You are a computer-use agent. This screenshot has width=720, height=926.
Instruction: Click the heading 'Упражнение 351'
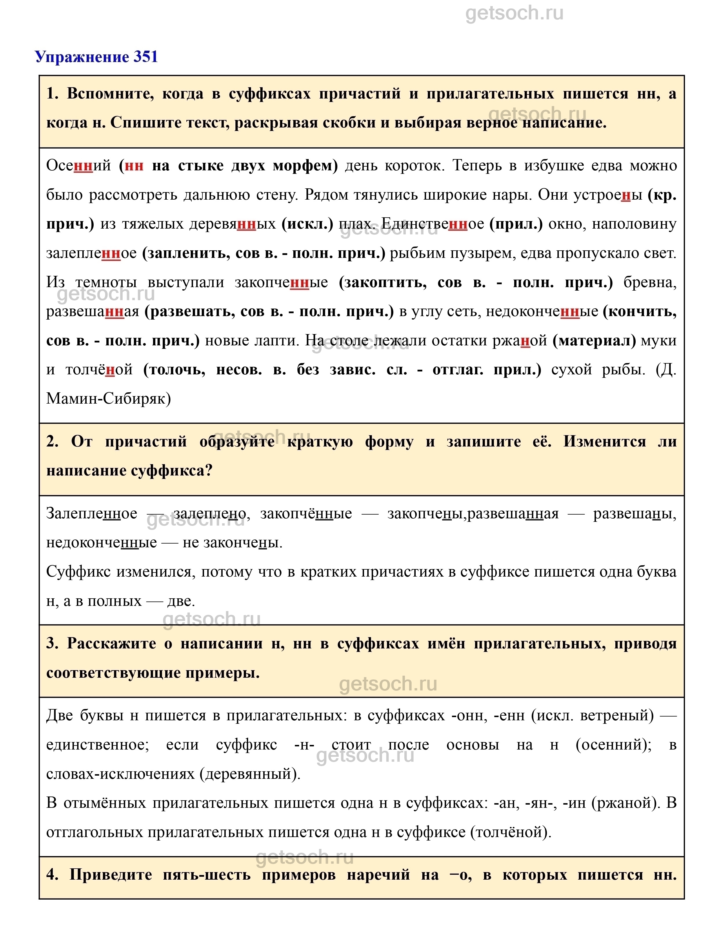[x=96, y=57]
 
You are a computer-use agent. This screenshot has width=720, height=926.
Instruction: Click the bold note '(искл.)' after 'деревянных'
[x=308, y=224]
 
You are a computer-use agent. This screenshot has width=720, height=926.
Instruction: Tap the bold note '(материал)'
[x=594, y=340]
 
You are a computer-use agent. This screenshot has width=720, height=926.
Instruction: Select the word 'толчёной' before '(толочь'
[x=99, y=370]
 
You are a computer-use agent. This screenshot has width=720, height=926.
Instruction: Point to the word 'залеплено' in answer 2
[x=210, y=513]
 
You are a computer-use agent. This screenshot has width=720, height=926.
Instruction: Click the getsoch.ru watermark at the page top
[x=514, y=14]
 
